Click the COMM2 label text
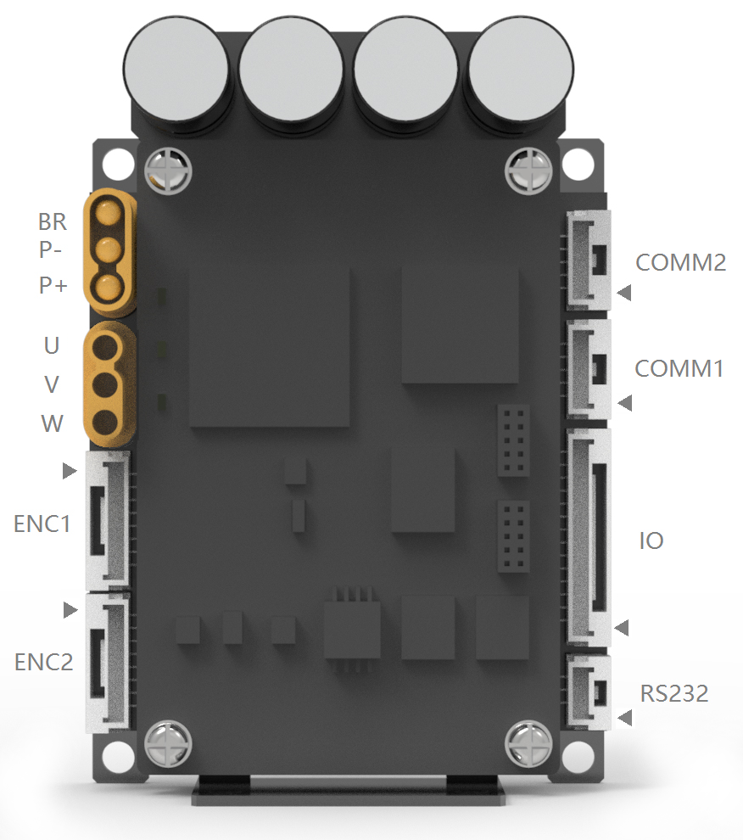coord(680,262)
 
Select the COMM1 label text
coord(679,369)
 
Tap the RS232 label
coord(673,694)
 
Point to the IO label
coord(651,540)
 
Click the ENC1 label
coord(42,524)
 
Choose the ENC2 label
coord(43,662)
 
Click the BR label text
coord(52,222)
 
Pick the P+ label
coord(53,286)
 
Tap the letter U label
coord(52,346)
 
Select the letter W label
coord(52,423)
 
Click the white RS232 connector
coord(589,692)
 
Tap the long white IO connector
coord(589,539)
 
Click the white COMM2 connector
coord(589,259)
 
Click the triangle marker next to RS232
coord(625,719)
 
